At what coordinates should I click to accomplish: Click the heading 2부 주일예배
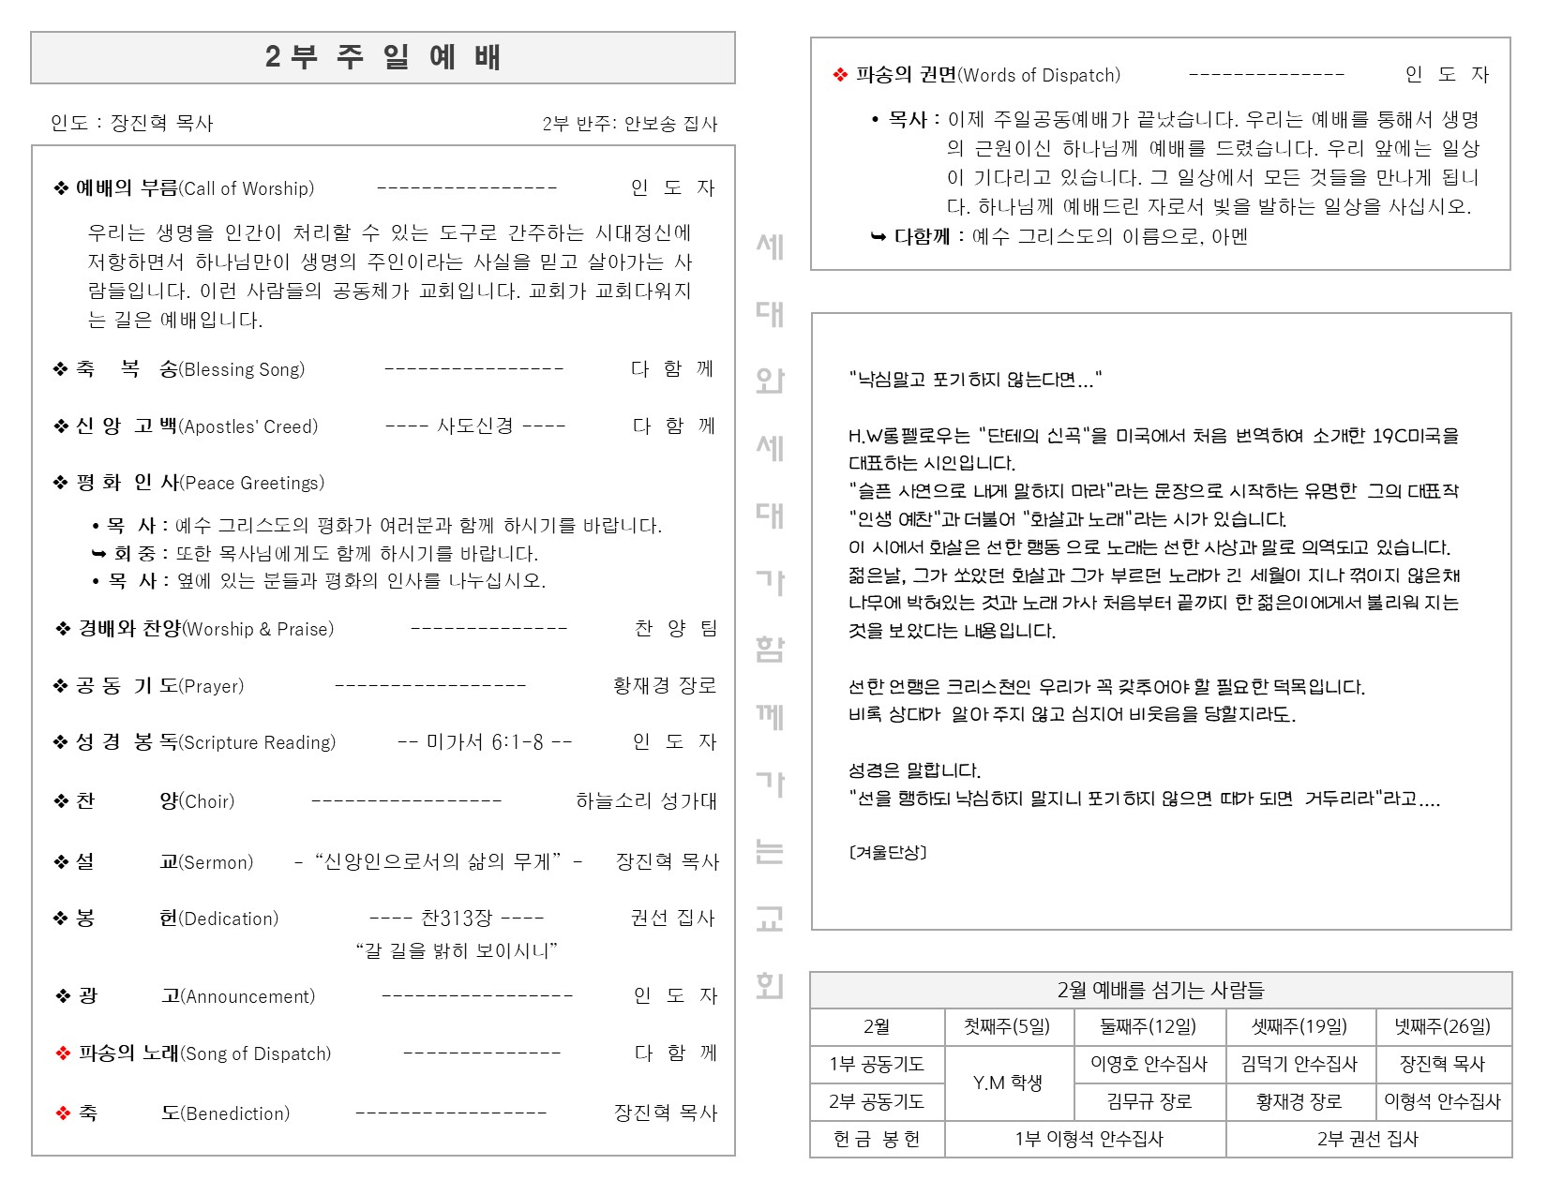point(383,57)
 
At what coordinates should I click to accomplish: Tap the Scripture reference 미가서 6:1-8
point(485,742)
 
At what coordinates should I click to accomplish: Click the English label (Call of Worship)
point(247,188)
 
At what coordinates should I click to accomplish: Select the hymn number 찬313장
point(457,918)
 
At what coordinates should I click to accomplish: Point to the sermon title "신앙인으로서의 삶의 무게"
point(438,861)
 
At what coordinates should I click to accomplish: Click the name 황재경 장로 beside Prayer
point(665,686)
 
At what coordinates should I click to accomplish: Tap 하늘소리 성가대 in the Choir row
point(646,801)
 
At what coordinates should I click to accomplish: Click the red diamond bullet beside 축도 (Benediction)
point(63,1113)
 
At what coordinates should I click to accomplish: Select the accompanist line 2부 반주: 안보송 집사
point(629,124)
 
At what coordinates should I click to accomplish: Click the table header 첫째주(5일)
point(1007,1026)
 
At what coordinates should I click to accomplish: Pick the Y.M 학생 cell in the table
point(1007,1083)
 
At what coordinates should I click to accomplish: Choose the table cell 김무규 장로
point(1149,1101)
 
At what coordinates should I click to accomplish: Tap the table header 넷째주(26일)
point(1442,1026)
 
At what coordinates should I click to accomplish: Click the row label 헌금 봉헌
point(877,1139)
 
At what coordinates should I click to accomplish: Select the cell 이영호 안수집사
point(1149,1064)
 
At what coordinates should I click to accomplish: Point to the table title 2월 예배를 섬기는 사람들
point(1160,990)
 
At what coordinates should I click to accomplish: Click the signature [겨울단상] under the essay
point(887,852)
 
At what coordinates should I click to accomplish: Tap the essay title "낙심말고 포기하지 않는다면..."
point(975,380)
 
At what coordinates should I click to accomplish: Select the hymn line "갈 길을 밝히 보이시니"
point(457,951)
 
